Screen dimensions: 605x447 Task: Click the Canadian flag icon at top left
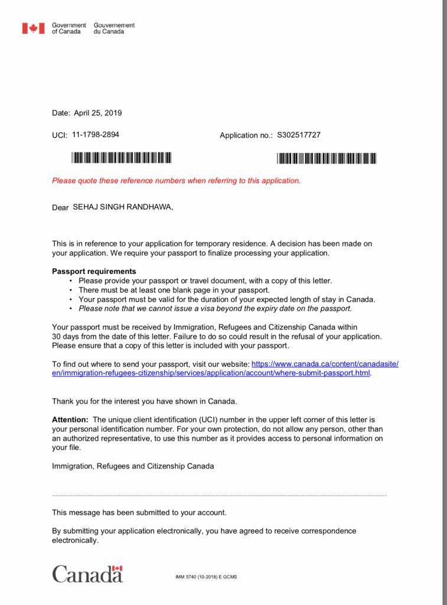click(x=34, y=28)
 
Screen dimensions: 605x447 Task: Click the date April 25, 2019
click(x=98, y=113)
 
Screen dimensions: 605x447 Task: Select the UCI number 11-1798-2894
click(x=96, y=135)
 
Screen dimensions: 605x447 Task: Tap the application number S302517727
click(x=299, y=135)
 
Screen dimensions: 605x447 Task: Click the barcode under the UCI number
click(x=121, y=158)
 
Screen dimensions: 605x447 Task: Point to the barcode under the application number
click(x=327, y=158)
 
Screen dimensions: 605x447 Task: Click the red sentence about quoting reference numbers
click(x=176, y=181)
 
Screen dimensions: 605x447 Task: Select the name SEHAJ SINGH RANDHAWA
click(x=123, y=207)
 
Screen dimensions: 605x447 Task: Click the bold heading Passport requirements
click(x=94, y=271)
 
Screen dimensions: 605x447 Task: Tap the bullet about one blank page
click(x=174, y=290)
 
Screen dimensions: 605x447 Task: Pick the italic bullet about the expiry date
click(x=215, y=308)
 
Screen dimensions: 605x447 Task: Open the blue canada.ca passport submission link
click(x=224, y=369)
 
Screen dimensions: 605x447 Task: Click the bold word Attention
click(x=70, y=419)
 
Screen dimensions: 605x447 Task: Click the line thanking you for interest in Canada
click(x=145, y=401)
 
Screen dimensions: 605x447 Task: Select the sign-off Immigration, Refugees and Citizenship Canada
click(x=133, y=466)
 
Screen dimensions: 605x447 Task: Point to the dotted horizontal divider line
click(x=219, y=495)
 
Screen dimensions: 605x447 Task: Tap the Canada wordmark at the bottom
click(x=87, y=574)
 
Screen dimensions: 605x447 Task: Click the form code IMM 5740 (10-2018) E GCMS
click(x=206, y=577)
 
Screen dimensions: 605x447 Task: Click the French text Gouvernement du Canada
click(x=114, y=28)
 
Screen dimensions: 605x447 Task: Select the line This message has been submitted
click(x=139, y=513)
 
